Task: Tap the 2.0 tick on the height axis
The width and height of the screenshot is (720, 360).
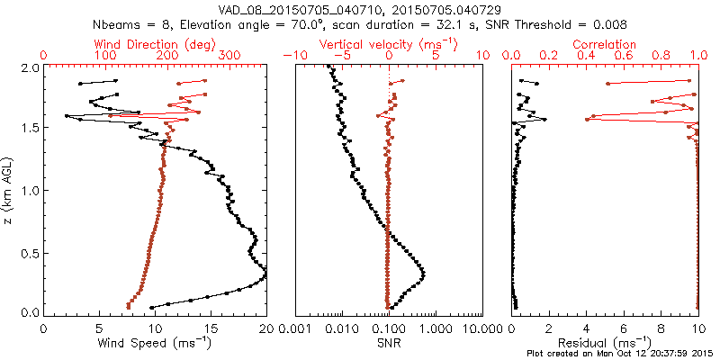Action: [x=30, y=67]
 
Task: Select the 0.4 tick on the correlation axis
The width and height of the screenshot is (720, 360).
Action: [x=587, y=56]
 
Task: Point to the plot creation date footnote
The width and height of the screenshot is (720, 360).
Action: [x=620, y=354]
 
